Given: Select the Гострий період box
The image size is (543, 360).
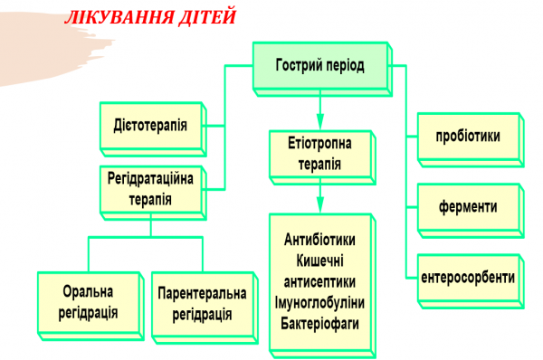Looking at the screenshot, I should coord(319,66).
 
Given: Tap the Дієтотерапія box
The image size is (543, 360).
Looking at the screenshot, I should coord(151,126).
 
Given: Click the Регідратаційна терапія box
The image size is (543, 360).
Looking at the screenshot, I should coord(151,190).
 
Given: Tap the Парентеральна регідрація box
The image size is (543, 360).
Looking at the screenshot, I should coord(201,305).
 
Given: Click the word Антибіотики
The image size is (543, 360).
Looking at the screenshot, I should coord(319,240).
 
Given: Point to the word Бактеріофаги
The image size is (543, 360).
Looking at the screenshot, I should coord(319,322).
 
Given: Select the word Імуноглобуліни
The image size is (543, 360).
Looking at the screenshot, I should coord(319,301).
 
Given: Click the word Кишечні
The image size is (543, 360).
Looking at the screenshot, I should coord(319,261).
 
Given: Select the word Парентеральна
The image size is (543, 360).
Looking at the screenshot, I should coord(201,295).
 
